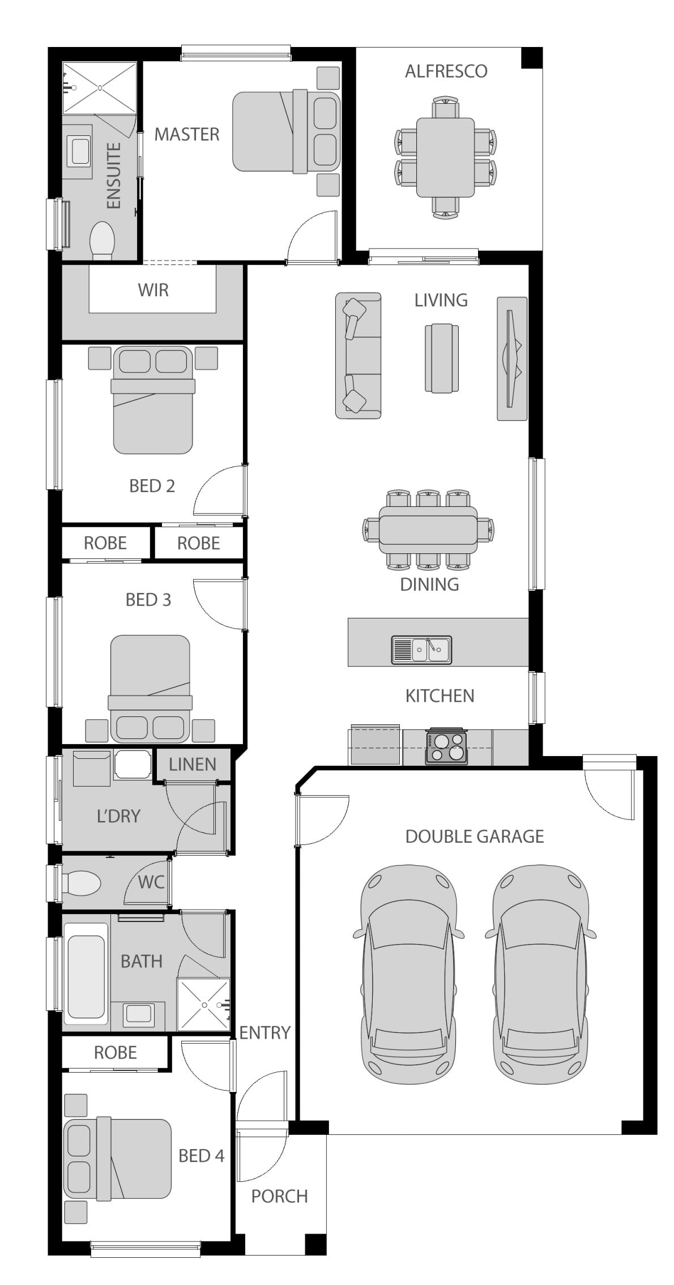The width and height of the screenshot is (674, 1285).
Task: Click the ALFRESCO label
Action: point(446,71)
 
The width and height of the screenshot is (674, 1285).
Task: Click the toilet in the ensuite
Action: point(102,240)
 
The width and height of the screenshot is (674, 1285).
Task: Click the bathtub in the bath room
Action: point(86,972)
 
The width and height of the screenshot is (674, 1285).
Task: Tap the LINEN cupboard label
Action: point(192,765)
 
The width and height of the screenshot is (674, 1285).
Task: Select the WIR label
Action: point(153,290)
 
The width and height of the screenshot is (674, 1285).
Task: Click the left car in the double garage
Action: point(408,968)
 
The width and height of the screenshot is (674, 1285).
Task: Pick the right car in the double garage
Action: point(539,968)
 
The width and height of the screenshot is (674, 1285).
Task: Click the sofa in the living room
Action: point(358,356)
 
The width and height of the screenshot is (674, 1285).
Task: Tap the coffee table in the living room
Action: point(442,358)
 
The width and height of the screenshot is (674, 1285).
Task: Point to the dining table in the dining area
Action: point(428,530)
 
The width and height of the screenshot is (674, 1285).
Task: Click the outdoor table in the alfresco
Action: point(445,157)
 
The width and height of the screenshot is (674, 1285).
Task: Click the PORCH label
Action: point(279,1197)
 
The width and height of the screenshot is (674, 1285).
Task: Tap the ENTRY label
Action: point(265,1033)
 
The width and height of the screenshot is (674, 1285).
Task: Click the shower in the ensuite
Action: point(100,87)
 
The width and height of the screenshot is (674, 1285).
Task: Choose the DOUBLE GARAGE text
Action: point(474,836)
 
